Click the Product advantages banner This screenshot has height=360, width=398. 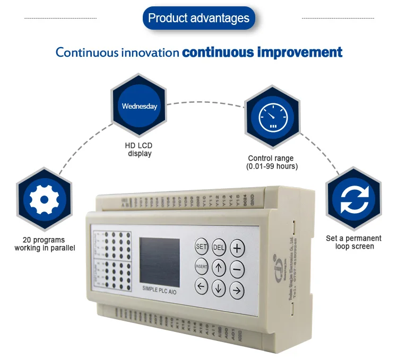pyautogui.click(x=198, y=19)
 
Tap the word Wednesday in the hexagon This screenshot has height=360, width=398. pyautogui.click(x=140, y=106)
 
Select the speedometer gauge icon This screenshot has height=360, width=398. pyautogui.click(x=272, y=118)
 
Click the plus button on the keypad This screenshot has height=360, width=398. pyautogui.click(x=237, y=248)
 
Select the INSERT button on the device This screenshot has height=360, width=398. pyautogui.click(x=201, y=266)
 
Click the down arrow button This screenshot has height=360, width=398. pyautogui.click(x=219, y=288)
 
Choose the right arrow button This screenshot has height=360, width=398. pyautogui.click(x=237, y=289)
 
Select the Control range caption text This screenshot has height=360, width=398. pyautogui.click(x=271, y=162)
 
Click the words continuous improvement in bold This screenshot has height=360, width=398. pyautogui.click(x=262, y=52)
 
